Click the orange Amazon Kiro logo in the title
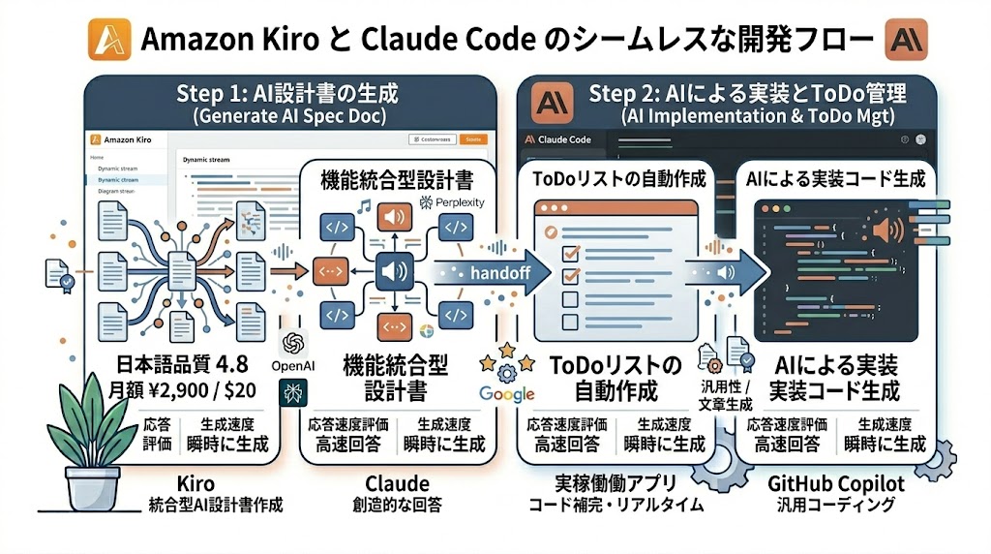click(x=108, y=40)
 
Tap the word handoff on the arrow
click(x=499, y=272)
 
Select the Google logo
click(x=506, y=393)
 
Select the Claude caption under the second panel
click(x=397, y=483)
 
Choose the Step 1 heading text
click(x=287, y=94)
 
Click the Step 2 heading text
click(x=747, y=94)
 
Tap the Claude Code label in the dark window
click(x=563, y=139)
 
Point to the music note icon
click(x=364, y=205)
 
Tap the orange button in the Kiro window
click(x=473, y=139)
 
